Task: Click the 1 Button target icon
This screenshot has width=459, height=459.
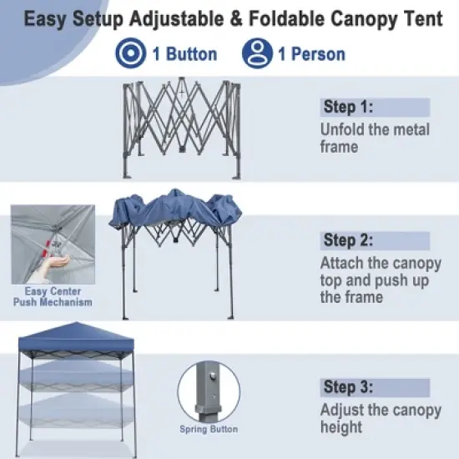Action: (x=130, y=54)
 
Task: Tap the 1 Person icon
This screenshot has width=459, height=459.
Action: (x=257, y=54)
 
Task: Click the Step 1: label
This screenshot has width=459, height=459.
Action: (x=348, y=107)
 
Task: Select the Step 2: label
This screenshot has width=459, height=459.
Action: (x=348, y=240)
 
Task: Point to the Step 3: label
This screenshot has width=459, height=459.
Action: (x=348, y=386)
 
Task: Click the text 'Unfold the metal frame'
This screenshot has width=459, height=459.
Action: (x=375, y=139)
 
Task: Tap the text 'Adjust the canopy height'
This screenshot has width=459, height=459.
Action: (x=380, y=418)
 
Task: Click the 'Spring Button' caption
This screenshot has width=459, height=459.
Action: (x=209, y=430)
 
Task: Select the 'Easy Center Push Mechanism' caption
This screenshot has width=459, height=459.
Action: (x=53, y=296)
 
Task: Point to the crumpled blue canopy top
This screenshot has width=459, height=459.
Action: (x=174, y=210)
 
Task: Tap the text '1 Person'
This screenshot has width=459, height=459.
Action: (x=311, y=54)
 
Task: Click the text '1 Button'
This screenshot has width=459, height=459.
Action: (x=184, y=54)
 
